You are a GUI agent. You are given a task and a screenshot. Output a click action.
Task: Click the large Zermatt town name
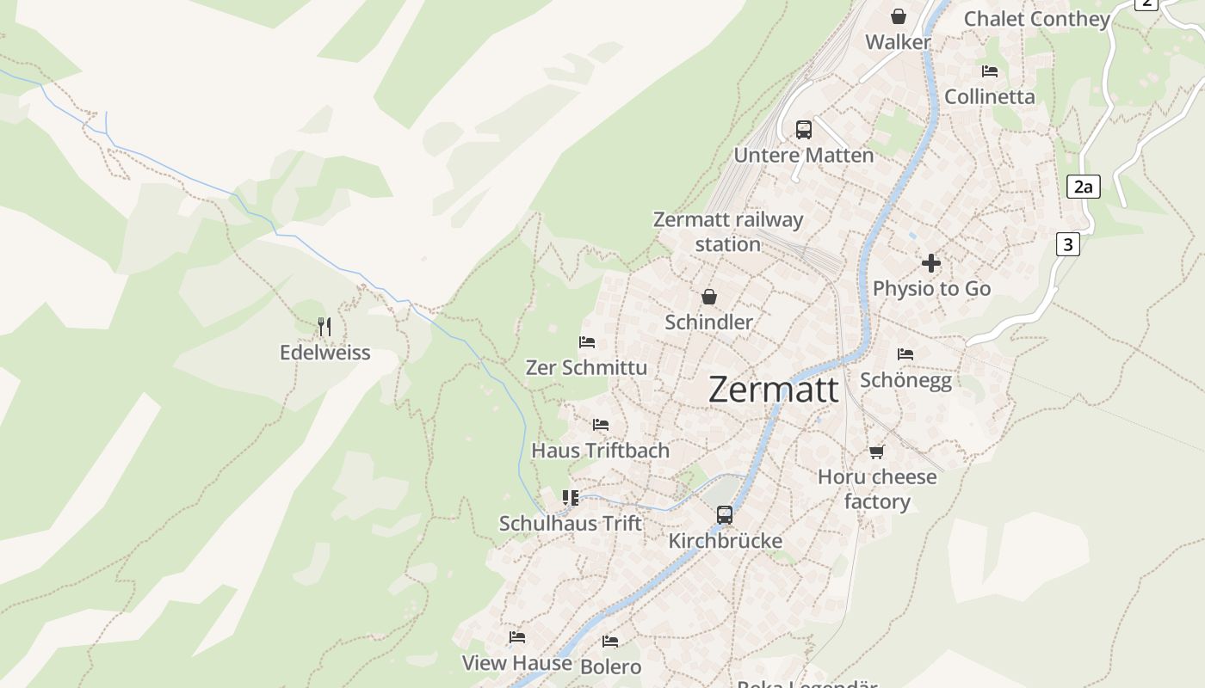pyautogui.click(x=773, y=390)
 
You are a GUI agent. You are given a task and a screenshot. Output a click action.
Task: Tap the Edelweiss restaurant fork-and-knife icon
pyautogui.click(x=324, y=327)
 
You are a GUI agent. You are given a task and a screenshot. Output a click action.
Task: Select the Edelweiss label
pyautogui.click(x=324, y=353)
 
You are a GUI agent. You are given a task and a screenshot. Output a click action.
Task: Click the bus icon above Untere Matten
pyautogui.click(x=803, y=130)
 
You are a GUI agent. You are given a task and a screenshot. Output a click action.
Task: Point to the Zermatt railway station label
pyautogui.click(x=728, y=231)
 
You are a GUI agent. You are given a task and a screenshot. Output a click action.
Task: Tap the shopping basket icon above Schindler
pyautogui.click(x=708, y=297)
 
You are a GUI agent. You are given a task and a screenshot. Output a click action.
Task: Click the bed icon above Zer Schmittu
pyautogui.click(x=587, y=342)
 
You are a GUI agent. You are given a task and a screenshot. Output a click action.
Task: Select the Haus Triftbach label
pyautogui.click(x=600, y=450)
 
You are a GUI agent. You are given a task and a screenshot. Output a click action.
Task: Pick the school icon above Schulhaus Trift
pyautogui.click(x=570, y=498)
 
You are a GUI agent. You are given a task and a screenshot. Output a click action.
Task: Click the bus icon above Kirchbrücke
pyautogui.click(x=725, y=515)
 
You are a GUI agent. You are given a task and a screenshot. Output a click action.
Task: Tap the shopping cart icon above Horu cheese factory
pyautogui.click(x=876, y=451)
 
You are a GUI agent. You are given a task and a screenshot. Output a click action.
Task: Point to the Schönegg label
pyautogui.click(x=905, y=380)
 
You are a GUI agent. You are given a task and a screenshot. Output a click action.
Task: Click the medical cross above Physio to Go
pyautogui.click(x=931, y=263)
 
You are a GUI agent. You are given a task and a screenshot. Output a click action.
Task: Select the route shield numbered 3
pyautogui.click(x=1067, y=244)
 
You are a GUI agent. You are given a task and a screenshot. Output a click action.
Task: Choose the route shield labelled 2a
pyautogui.click(x=1083, y=187)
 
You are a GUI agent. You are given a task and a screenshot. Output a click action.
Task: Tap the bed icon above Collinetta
pyautogui.click(x=989, y=71)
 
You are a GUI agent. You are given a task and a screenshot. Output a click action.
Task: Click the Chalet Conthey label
pyautogui.click(x=1036, y=19)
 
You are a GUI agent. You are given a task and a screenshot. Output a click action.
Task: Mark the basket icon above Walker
pyautogui.click(x=898, y=16)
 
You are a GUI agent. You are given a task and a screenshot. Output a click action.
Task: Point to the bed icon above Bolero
pyautogui.click(x=610, y=642)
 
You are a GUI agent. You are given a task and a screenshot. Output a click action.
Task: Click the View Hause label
pyautogui.click(x=516, y=663)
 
